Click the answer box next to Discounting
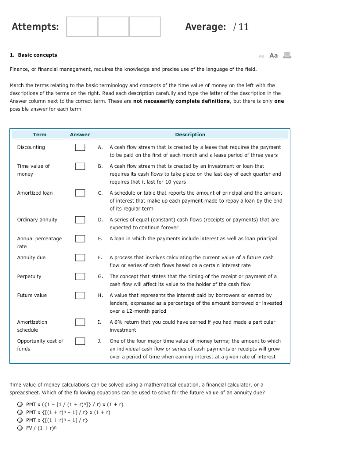80,147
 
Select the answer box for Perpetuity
80,276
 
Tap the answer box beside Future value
80,296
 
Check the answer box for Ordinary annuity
80,220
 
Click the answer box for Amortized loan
80,193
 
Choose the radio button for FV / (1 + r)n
20,428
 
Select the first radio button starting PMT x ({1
20,404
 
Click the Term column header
39,134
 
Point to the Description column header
190,134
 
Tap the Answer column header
80,134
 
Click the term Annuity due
31,257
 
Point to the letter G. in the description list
100,276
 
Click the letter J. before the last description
100,341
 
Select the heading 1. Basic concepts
34,55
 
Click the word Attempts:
35,27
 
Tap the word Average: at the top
205,27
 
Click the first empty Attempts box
82,27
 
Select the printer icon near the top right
287,55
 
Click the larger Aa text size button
274,55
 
